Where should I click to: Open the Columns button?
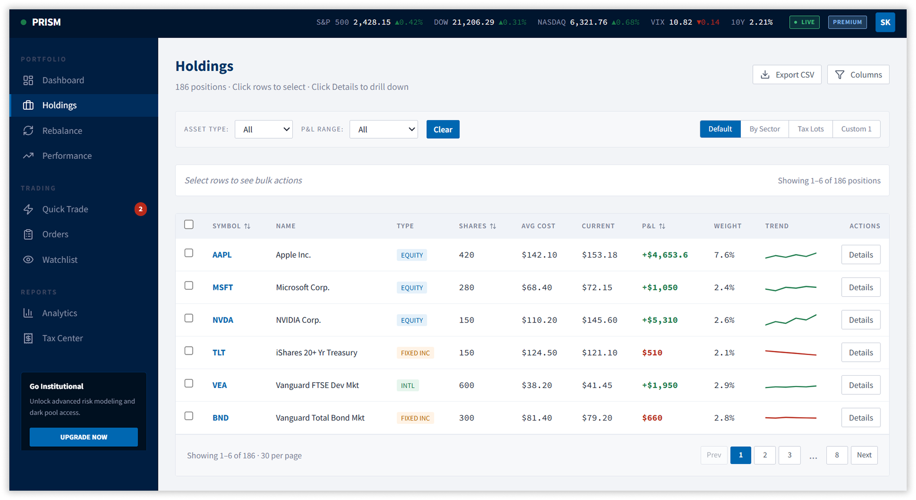coord(858,75)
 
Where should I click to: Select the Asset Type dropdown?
coord(264,129)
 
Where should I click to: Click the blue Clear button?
coord(443,129)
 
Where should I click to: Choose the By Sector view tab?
coord(764,129)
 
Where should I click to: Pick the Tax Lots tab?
coord(810,129)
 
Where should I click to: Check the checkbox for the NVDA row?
coord(189,318)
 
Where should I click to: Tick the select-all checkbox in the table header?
coord(189,225)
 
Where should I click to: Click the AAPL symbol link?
coord(222,255)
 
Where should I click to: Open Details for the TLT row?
coord(860,352)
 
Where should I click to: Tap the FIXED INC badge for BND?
coord(415,418)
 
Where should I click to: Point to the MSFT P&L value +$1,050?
coord(659,287)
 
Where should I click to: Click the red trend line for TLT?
coord(790,353)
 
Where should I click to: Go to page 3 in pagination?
coord(789,455)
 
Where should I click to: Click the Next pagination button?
coord(864,455)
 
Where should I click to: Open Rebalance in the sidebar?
coord(62,131)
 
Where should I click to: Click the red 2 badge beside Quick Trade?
coord(141,209)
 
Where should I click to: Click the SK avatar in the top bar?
coord(885,22)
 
